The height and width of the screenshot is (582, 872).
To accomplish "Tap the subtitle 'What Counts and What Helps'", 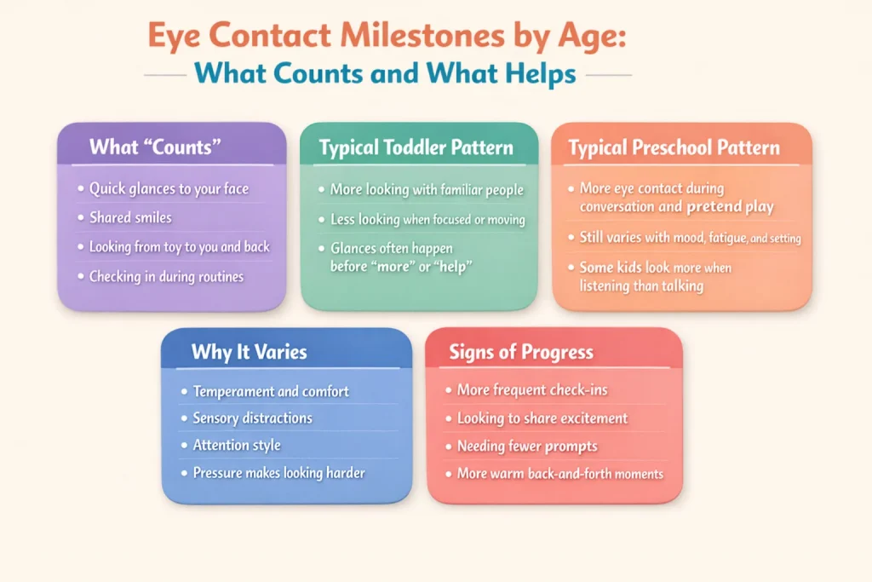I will [385, 75].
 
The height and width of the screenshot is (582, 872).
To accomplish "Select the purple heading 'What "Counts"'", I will [155, 147].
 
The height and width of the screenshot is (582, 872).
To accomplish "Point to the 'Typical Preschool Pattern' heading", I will [674, 148].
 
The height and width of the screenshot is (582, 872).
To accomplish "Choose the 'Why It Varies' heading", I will [249, 352].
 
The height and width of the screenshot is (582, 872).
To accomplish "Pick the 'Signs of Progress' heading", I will [521, 352].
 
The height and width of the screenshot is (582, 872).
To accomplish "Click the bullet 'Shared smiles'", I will [130, 217].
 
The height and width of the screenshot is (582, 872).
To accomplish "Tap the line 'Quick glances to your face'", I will [169, 189].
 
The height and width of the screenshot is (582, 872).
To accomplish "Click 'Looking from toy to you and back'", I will [179, 246].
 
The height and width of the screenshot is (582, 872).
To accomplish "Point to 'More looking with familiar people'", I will [427, 189].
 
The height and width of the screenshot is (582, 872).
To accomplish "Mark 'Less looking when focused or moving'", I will [427, 220].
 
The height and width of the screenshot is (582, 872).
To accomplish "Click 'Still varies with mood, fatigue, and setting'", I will [688, 238].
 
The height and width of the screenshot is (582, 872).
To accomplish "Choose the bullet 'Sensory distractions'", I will [252, 418].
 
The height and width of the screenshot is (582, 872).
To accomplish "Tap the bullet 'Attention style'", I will [236, 445].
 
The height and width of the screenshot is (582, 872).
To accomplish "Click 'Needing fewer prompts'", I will [527, 446].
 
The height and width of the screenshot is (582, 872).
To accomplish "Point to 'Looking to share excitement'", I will [542, 418].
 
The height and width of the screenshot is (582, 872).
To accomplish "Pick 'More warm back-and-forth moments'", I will [559, 473].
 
